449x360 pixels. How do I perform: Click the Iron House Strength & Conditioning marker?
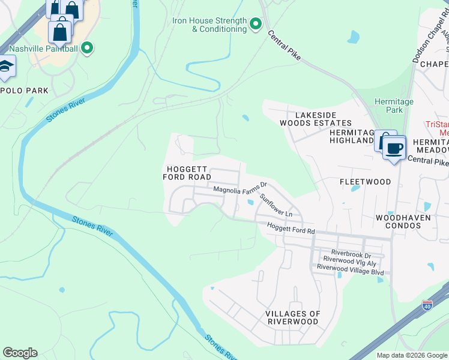point(256,24)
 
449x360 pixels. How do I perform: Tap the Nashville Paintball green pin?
point(87,48)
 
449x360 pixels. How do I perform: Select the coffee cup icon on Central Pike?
point(394,148)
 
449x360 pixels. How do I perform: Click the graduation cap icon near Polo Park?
point(6,67)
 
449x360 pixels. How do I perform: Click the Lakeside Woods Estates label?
point(307,119)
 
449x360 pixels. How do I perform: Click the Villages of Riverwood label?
point(293,318)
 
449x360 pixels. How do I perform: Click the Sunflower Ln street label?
point(276,205)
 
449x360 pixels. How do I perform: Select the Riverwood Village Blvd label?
point(353,271)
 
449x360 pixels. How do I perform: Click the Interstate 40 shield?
point(427,305)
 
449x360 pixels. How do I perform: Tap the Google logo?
point(20,353)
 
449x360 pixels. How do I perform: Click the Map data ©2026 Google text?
point(412,355)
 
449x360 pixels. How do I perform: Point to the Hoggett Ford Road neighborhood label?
point(187,173)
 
